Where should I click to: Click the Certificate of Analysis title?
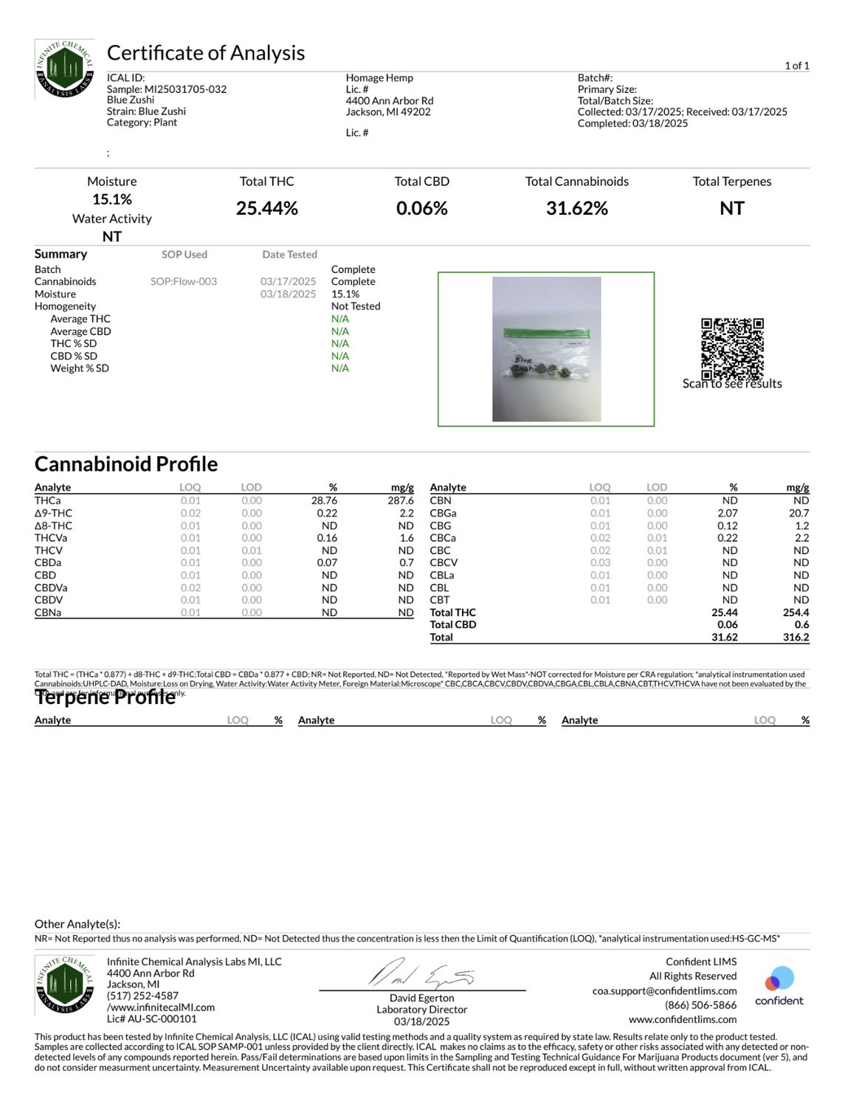[x=206, y=53]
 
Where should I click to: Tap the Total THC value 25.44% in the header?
[x=266, y=209]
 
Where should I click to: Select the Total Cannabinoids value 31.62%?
[x=576, y=209]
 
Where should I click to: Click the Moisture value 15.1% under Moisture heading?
[x=111, y=199]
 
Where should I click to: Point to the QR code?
[x=732, y=348]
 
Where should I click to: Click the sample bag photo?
[x=546, y=349]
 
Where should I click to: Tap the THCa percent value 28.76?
[x=324, y=500]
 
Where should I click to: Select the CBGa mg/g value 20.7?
[x=798, y=513]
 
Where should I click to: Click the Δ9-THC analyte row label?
[x=53, y=513]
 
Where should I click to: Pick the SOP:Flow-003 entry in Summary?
[x=184, y=281]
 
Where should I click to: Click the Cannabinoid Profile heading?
[x=126, y=464]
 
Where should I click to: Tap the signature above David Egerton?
[x=421, y=974]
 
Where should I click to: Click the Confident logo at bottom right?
[x=779, y=986]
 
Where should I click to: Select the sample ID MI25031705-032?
[x=185, y=89]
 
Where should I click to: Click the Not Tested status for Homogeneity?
[x=356, y=306]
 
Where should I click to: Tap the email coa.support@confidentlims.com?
[x=664, y=990]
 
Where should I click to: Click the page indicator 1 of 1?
[x=797, y=66]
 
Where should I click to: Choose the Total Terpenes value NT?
[x=731, y=209]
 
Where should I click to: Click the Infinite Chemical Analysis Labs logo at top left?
[x=65, y=69]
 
